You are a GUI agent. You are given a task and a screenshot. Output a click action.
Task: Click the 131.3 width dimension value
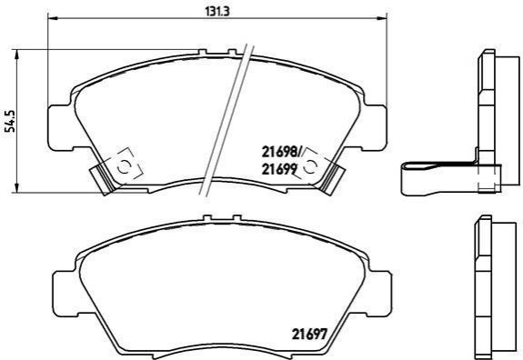(217, 11)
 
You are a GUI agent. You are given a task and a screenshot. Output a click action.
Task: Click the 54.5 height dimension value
(11, 121)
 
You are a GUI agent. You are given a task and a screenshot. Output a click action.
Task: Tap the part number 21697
(308, 334)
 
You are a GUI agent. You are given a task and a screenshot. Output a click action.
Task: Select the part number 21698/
(281, 153)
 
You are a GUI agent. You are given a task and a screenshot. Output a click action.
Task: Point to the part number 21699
(279, 170)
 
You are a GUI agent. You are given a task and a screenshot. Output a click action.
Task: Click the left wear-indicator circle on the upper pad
(124, 166)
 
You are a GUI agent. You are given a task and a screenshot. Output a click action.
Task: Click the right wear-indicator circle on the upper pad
(310, 166)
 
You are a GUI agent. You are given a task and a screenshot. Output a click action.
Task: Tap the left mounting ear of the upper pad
(60, 127)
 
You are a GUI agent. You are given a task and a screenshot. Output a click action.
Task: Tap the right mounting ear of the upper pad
(375, 127)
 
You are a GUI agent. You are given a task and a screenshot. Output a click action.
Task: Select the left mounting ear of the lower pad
(65, 294)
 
